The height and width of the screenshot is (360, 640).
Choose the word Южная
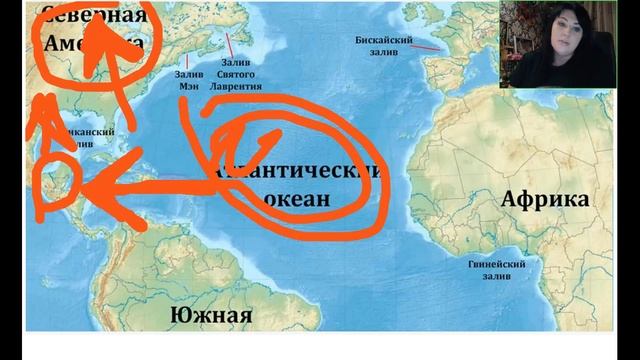tap(211, 317)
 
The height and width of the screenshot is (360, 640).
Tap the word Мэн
tap(190, 86)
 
